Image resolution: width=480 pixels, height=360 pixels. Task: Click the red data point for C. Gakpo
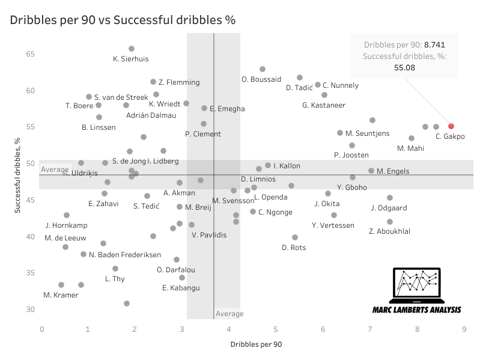(x=451, y=126)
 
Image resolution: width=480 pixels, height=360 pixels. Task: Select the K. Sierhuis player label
(x=130, y=59)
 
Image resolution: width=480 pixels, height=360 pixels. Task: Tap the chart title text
(x=123, y=20)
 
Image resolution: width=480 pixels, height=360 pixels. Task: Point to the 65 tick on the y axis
(x=30, y=54)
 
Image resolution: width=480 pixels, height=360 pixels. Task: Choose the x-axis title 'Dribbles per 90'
(x=255, y=344)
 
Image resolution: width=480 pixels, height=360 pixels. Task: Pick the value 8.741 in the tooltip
(x=434, y=44)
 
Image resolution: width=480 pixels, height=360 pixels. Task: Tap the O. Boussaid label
(x=261, y=79)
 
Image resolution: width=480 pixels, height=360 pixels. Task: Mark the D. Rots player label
(x=293, y=248)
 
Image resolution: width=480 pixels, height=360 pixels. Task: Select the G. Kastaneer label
(x=324, y=105)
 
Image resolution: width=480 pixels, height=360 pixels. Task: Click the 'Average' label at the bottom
(x=229, y=314)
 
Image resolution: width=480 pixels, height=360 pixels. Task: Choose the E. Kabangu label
(x=181, y=288)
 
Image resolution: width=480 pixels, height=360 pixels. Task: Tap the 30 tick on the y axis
(x=30, y=310)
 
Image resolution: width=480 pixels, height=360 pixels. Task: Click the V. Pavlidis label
(x=209, y=235)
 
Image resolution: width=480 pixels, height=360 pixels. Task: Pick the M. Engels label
(x=393, y=171)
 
